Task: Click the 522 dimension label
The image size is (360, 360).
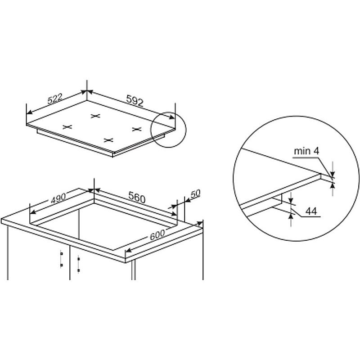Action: tap(55, 99)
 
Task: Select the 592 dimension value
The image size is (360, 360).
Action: tap(135, 100)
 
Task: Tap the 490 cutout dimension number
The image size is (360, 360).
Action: tap(58, 198)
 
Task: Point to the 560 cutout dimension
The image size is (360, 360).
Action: tap(137, 197)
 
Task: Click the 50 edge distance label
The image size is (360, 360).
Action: tap(195, 193)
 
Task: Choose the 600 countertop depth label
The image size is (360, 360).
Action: tap(157, 234)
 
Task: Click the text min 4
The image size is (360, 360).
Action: tap(306, 151)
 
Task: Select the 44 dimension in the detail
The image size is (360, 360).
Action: tap(311, 211)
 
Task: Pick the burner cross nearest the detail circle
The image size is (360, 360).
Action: tap(137, 129)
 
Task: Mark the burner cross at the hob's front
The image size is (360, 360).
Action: tap(108, 140)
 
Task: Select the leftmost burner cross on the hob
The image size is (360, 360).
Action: tap(67, 127)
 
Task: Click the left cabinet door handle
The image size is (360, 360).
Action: tap(61, 260)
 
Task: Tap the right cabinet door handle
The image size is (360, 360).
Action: tap(78, 265)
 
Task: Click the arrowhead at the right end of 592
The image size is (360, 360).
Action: tap(172, 117)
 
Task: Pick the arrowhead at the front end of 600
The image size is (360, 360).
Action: tap(128, 250)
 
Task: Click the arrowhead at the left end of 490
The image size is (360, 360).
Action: tap(33, 211)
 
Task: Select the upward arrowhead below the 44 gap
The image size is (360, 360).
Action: tap(291, 216)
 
